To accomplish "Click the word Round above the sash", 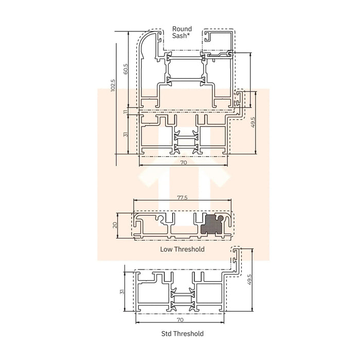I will coord(182,29).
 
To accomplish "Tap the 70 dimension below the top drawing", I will coord(183,163).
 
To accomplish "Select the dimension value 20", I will coord(116,224).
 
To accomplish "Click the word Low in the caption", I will coord(166,249).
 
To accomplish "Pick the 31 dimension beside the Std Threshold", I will coord(122,291).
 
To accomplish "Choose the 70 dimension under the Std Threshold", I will coord(180,319).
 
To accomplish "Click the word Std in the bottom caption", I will coord(167,334).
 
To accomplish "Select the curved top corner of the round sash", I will coord(146,39).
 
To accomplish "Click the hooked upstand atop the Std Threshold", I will coord(237,257).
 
